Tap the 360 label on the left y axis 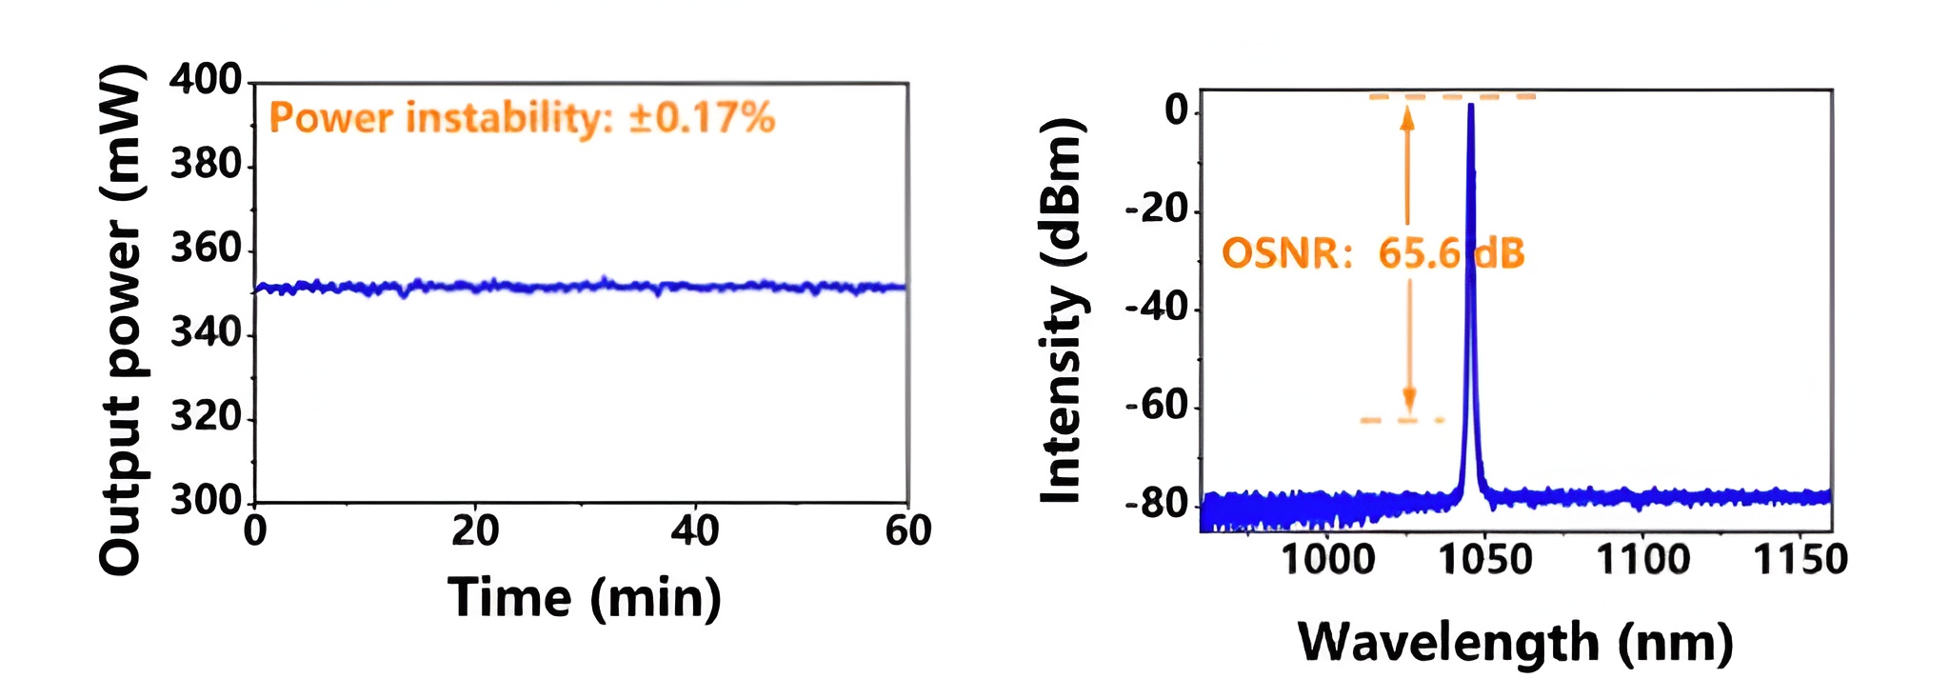coord(206,250)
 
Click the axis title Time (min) coord(584,598)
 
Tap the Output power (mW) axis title coord(122,319)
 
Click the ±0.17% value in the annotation coord(702,118)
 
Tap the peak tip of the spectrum coord(1471,105)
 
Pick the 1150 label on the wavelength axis coord(1800,559)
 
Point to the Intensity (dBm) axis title coord(1063,311)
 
